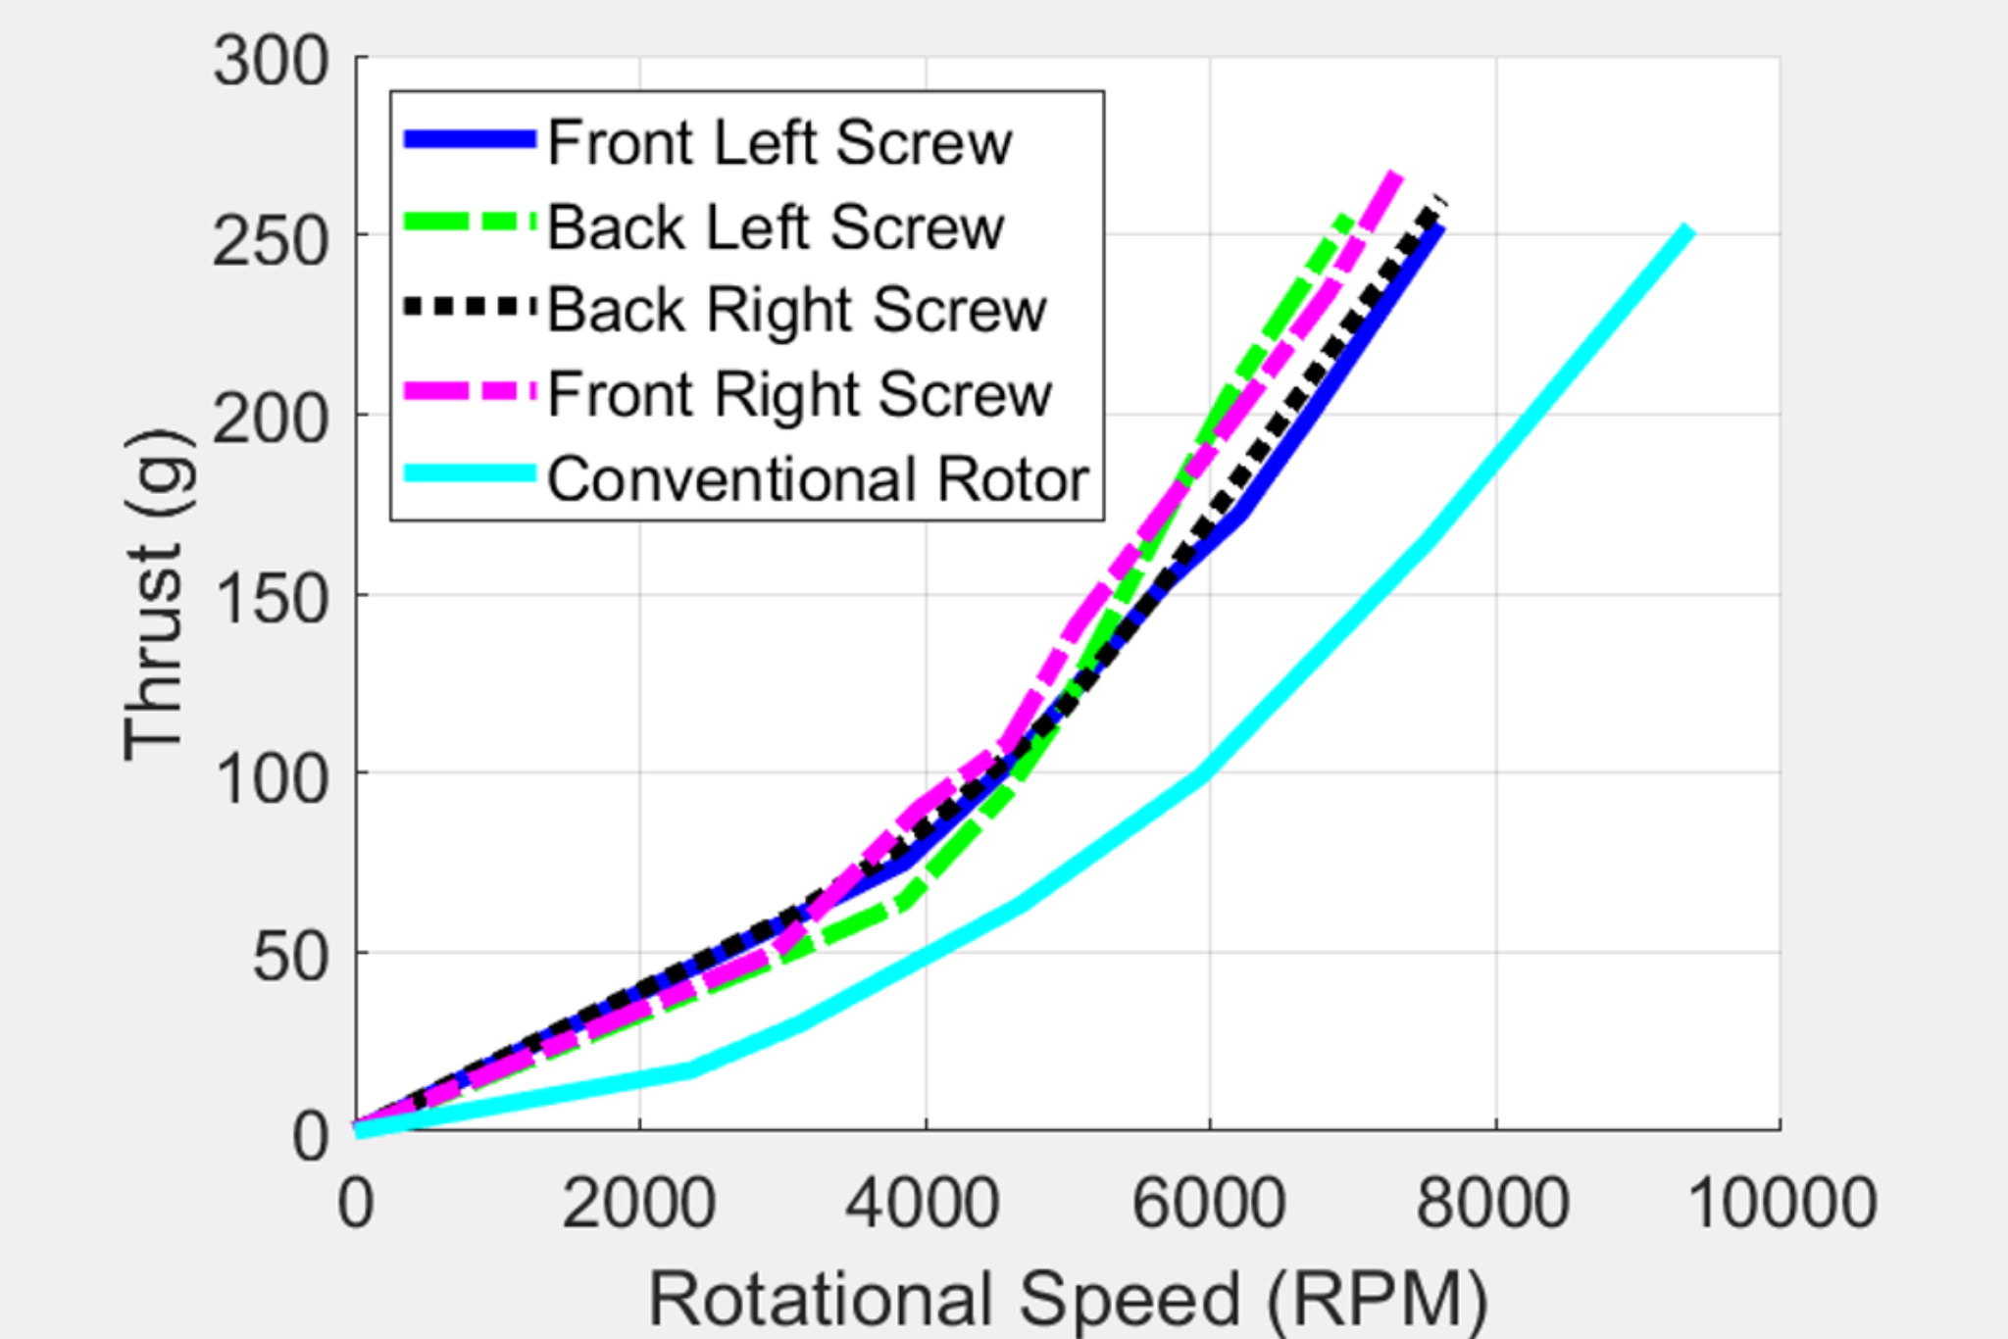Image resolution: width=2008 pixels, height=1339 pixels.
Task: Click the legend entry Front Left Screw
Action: pyautogui.click(x=779, y=143)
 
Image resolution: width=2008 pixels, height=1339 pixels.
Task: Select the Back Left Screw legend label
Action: pyautogui.click(x=776, y=227)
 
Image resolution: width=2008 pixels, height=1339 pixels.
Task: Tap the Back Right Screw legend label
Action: pyautogui.click(x=797, y=311)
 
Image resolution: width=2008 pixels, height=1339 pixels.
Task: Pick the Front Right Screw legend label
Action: pyautogui.click(x=799, y=394)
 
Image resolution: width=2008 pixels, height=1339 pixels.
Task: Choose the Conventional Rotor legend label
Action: pyautogui.click(x=818, y=479)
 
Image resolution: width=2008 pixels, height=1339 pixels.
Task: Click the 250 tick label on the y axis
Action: pyautogui.click(x=271, y=241)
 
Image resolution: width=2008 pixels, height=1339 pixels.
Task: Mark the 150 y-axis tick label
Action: pyautogui.click(x=271, y=599)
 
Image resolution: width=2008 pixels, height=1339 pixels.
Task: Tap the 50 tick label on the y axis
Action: pyautogui.click(x=290, y=958)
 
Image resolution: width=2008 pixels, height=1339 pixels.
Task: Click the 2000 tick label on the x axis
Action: pyautogui.click(x=639, y=1203)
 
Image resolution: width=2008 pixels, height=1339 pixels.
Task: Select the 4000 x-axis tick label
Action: pyautogui.click(x=925, y=1203)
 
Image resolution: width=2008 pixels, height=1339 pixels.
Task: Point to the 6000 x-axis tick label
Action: pyautogui.click(x=1209, y=1203)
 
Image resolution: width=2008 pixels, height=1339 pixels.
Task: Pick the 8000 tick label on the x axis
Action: pyautogui.click(x=1494, y=1203)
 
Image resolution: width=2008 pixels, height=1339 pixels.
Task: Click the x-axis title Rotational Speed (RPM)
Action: pyautogui.click(x=1068, y=1300)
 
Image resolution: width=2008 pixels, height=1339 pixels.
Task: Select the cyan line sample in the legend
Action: pyautogui.click(x=471, y=474)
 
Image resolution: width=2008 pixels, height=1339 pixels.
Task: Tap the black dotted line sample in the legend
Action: pyautogui.click(x=471, y=307)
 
